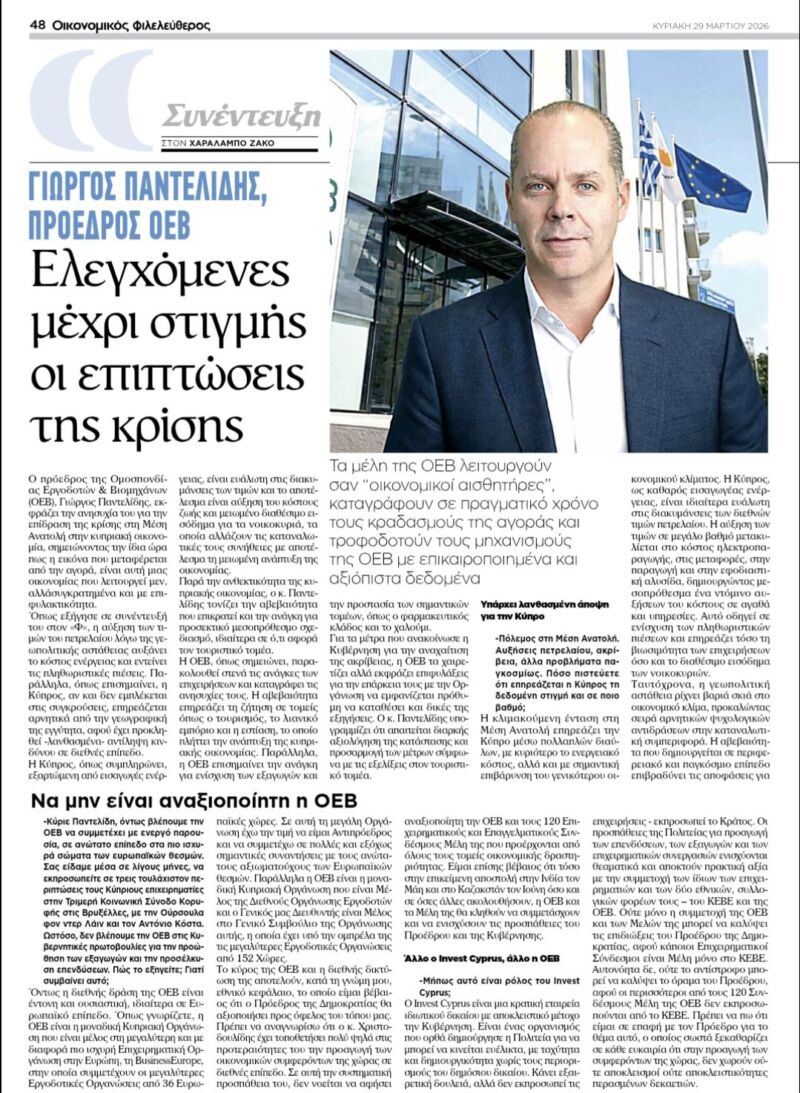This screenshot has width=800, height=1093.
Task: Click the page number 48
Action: tap(39, 24)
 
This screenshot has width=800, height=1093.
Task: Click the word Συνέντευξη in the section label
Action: tap(241, 115)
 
